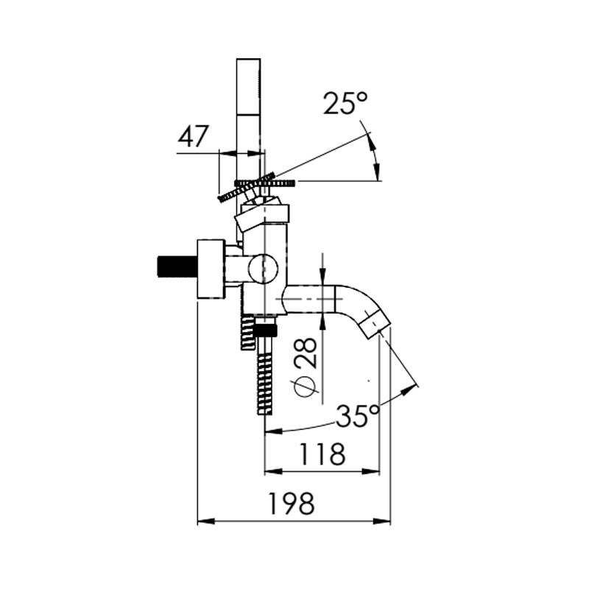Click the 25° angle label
345,103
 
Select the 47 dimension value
194,137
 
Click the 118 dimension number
322,454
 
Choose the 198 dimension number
291,504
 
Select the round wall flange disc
211,269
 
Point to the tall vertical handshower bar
248,110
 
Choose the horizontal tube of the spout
309,298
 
